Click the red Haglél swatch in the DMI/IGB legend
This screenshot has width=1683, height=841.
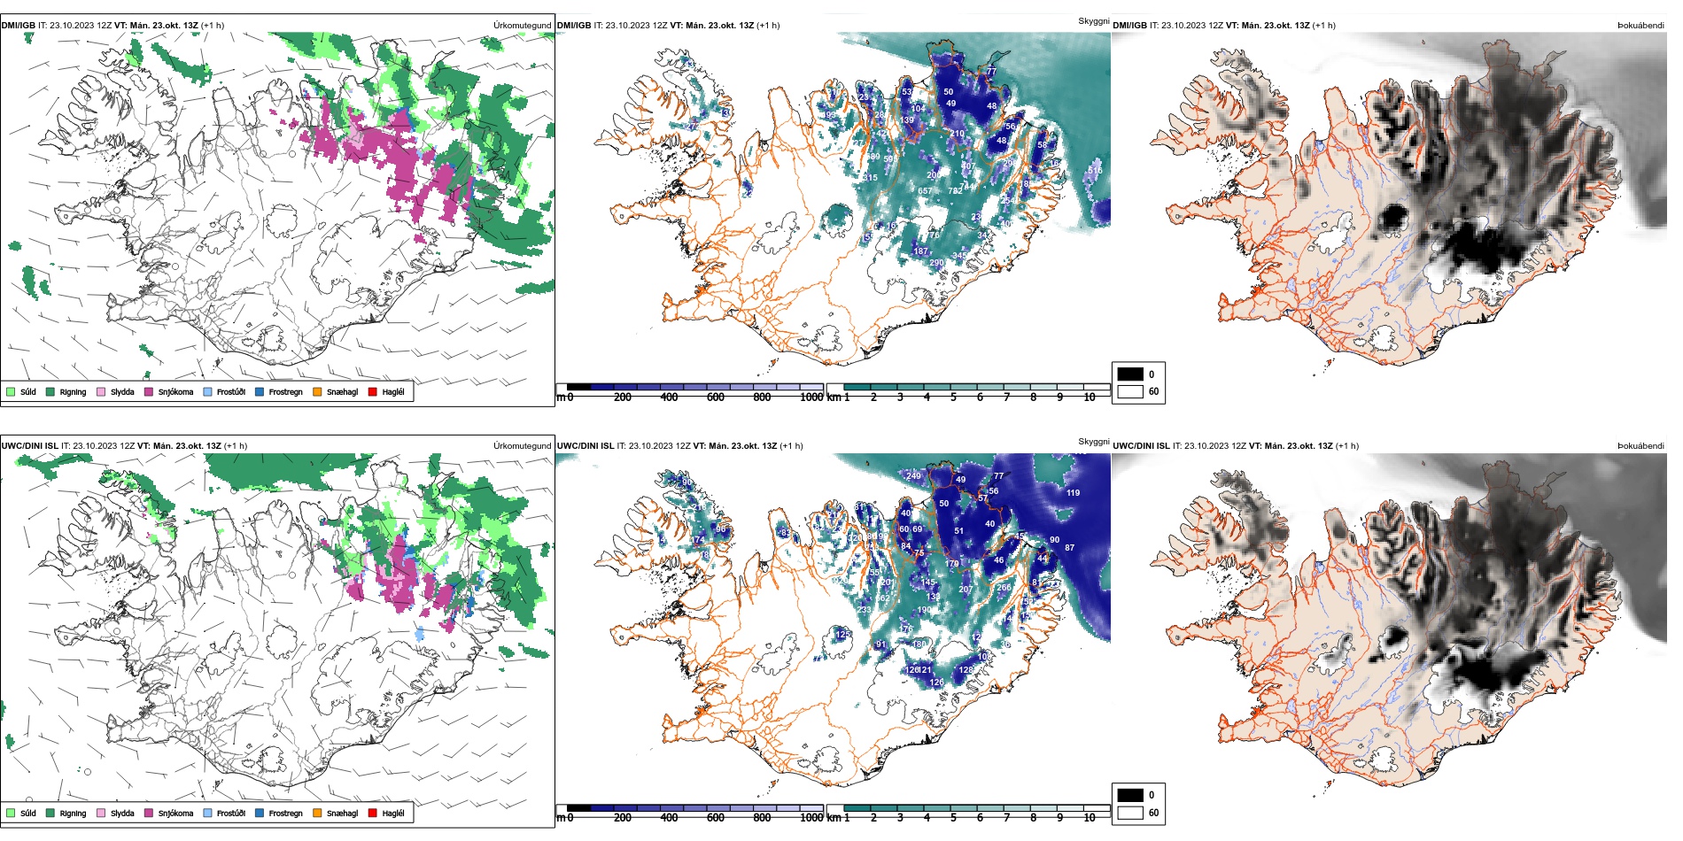373,391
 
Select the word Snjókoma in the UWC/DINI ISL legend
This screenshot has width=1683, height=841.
175,813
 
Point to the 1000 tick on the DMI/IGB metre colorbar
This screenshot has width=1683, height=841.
811,397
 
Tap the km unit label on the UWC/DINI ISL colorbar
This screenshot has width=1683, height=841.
834,818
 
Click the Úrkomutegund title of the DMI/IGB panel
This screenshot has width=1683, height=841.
522,26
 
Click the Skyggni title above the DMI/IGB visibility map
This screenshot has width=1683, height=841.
1093,21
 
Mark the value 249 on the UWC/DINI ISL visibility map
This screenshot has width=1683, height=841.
913,476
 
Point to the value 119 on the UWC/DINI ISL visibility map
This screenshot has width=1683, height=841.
1073,493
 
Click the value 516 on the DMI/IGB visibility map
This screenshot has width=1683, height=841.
1095,171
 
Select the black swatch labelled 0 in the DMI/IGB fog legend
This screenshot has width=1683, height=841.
1130,374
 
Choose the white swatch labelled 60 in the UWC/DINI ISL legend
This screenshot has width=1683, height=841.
1130,813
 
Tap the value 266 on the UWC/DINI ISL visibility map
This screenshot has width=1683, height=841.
1004,588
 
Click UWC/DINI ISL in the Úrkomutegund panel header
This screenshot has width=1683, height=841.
29,446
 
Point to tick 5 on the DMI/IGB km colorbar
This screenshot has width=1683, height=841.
953,397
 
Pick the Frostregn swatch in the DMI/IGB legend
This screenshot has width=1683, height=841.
260,391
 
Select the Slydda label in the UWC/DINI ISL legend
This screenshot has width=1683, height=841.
122,813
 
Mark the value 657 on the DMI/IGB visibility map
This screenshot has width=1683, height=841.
925,191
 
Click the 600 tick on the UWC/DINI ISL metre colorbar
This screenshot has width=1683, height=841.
716,818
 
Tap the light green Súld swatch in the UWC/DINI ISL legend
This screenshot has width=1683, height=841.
11,813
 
